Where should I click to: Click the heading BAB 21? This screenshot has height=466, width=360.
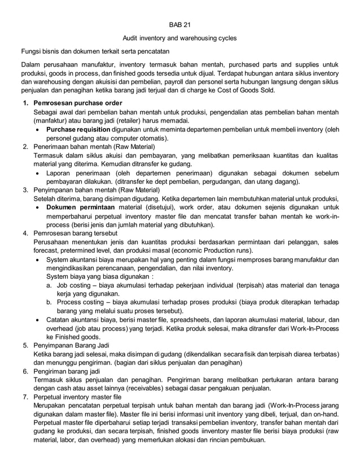tap(179, 25)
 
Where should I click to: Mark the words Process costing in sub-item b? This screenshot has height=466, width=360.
tap(81, 302)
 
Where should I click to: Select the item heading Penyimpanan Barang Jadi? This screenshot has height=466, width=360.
tap(74, 345)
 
